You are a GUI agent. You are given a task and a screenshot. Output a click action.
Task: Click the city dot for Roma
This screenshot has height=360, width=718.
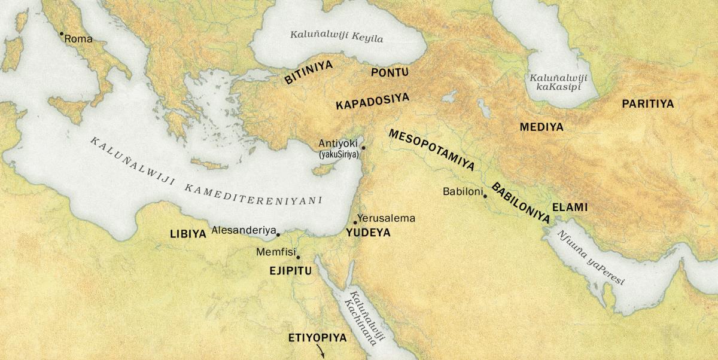[x=61, y=33]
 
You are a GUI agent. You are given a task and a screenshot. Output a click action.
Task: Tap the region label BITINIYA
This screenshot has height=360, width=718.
[x=308, y=71]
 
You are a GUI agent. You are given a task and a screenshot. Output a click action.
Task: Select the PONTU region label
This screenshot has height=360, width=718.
[x=390, y=72]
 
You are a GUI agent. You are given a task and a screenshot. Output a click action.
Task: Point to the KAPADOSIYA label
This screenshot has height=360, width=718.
[x=372, y=100]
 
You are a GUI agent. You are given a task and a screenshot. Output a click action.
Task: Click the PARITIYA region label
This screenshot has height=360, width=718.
[x=647, y=104]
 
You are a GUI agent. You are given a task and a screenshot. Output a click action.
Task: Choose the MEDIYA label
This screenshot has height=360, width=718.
[x=541, y=127]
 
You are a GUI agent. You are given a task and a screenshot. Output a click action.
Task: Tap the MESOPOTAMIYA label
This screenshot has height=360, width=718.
[x=431, y=150]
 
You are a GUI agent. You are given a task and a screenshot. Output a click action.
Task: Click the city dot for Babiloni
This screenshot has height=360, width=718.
[x=485, y=196]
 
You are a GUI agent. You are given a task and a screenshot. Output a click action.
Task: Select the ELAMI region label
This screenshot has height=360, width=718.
[x=570, y=208]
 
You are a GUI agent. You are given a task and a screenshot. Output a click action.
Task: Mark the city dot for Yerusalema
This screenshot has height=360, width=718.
[x=355, y=222]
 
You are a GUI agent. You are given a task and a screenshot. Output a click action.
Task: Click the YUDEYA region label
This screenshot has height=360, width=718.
[x=368, y=233]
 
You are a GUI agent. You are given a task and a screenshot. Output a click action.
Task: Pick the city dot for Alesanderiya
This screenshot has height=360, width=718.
[x=278, y=234]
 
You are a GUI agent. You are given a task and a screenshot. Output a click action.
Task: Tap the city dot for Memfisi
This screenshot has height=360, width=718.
[x=298, y=257]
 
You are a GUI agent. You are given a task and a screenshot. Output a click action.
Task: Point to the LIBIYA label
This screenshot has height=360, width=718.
[x=188, y=234]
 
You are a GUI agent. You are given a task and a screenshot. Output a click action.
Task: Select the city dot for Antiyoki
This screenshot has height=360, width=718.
[x=363, y=147]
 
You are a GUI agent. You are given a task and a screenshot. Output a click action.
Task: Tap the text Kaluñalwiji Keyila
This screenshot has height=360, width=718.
[x=336, y=36]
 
